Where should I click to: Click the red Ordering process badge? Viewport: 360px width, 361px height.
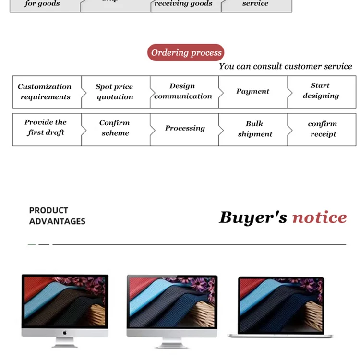[x=186, y=53]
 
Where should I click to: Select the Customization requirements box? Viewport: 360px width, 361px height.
[x=45, y=92]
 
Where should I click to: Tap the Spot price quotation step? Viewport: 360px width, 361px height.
[x=114, y=92]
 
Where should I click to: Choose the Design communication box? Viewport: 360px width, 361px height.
[x=183, y=91]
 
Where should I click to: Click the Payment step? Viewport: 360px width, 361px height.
[x=252, y=91]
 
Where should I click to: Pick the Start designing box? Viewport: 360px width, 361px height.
[x=321, y=91]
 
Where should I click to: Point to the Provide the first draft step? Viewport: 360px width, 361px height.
[x=46, y=127]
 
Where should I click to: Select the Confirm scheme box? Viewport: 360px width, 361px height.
[x=115, y=128]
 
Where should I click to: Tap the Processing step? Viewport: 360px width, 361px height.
[x=185, y=128]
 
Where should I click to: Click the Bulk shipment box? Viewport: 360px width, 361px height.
[x=255, y=129]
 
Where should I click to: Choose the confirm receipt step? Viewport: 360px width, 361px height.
[x=323, y=129]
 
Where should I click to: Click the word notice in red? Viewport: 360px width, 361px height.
[x=319, y=217]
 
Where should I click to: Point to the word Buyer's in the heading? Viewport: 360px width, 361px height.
[x=253, y=217]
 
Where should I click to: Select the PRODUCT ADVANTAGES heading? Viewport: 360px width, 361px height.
[x=57, y=216]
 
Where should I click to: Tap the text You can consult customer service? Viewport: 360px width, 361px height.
[x=285, y=66]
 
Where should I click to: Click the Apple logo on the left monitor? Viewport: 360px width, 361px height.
[x=65, y=333]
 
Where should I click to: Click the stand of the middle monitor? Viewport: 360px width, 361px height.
[x=172, y=341]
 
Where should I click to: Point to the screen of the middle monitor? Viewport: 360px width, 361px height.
[x=172, y=302]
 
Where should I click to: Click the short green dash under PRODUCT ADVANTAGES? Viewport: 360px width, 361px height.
[x=32, y=244]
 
